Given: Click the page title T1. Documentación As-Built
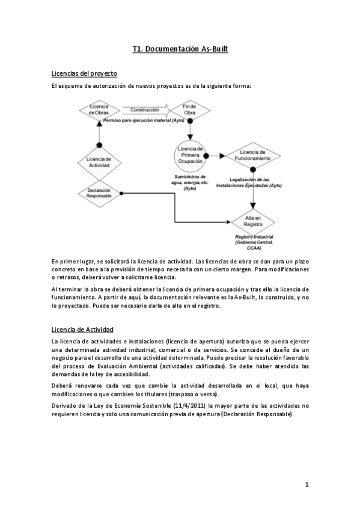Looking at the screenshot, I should (180, 52).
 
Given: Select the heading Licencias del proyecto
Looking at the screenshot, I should (84, 73).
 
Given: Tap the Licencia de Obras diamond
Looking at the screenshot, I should (99, 110).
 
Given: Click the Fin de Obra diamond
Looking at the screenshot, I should (189, 110).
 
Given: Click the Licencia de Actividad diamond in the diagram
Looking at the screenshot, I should (99, 162).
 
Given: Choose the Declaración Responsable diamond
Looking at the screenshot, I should (99, 193).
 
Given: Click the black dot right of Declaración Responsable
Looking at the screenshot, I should (121, 193).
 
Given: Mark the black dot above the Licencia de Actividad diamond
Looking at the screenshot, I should (99, 144).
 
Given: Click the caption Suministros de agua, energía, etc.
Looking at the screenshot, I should (191, 182).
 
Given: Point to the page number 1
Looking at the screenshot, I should (307, 485).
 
